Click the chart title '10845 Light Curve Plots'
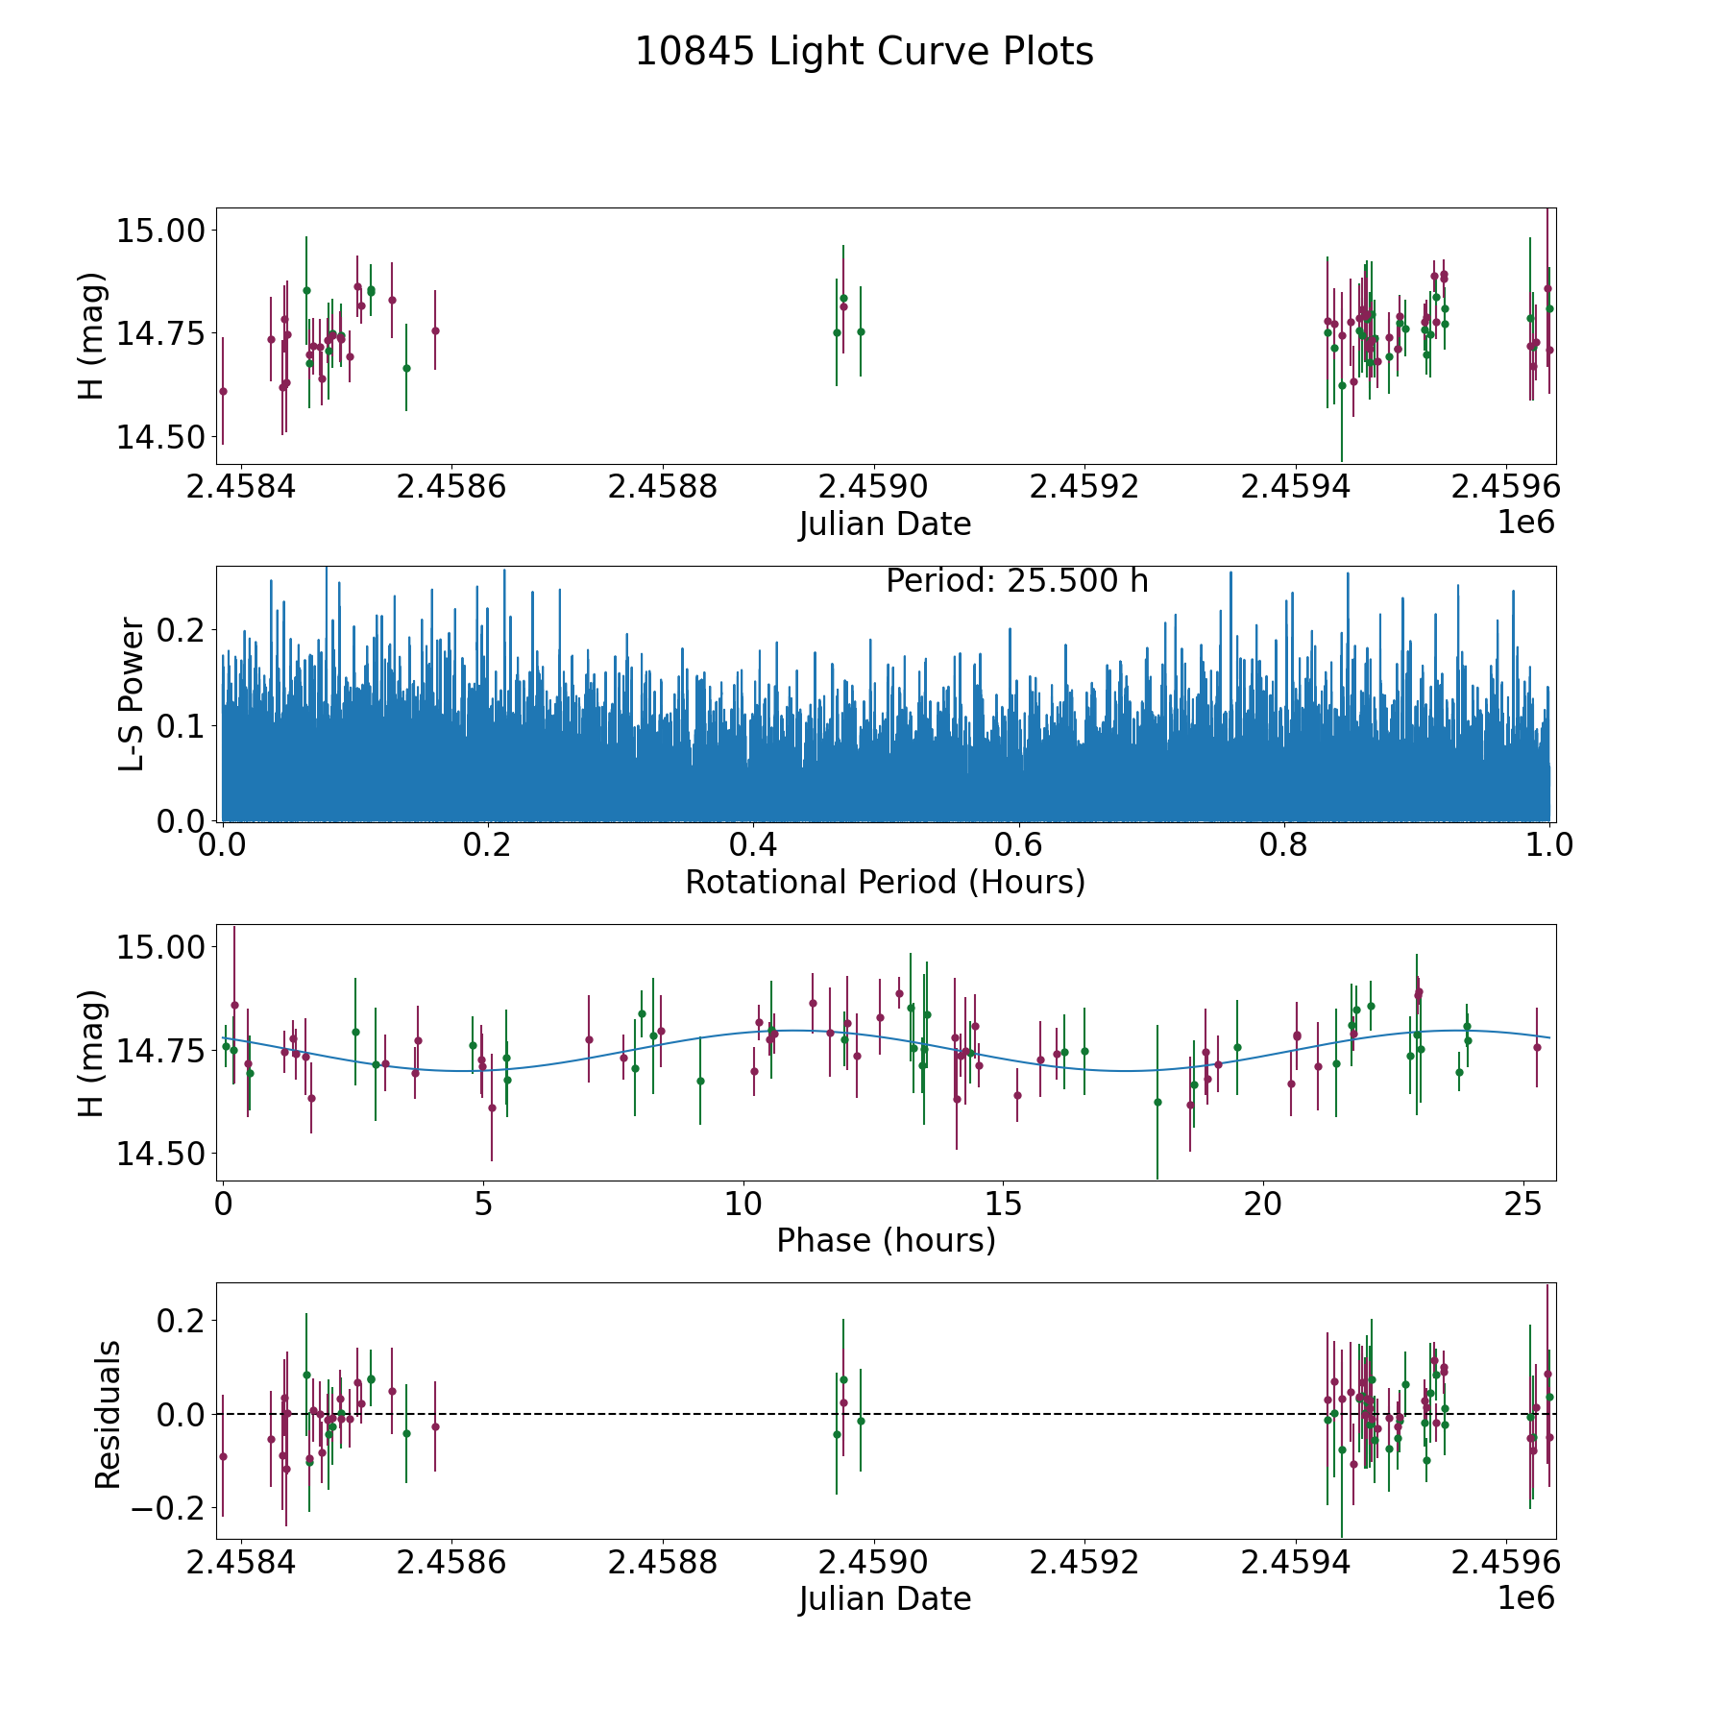point(864,52)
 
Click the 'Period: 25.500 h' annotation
point(1016,581)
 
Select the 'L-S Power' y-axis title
point(133,694)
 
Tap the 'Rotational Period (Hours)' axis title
point(885,882)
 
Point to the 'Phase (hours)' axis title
point(885,1240)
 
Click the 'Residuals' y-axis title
point(108,1414)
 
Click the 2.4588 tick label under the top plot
point(663,486)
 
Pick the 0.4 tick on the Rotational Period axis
point(753,845)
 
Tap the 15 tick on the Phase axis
point(1003,1204)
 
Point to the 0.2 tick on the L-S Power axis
point(183,630)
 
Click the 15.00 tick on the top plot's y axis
point(160,231)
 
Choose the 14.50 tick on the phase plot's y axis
point(160,1154)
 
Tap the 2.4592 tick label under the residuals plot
point(1084,1562)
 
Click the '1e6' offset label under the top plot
point(1525,523)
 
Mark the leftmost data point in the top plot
point(223,391)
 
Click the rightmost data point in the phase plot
point(1537,1047)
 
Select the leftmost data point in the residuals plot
point(223,1456)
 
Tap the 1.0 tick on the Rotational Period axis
point(1549,845)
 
